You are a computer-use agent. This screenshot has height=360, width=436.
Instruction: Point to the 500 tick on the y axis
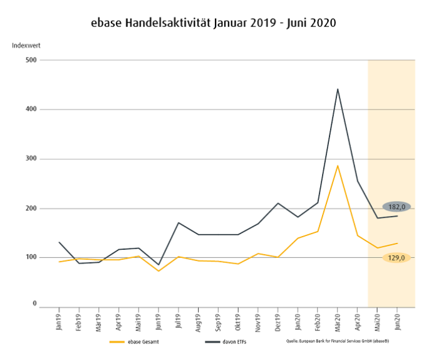click(31, 60)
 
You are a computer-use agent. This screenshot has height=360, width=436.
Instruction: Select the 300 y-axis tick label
click(31, 159)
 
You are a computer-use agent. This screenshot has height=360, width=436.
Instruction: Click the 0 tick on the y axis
click(35, 304)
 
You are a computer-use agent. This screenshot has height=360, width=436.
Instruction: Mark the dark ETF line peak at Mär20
click(338, 89)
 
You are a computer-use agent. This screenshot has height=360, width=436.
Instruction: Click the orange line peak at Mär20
click(338, 166)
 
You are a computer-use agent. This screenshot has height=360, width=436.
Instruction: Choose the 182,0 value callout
click(397, 207)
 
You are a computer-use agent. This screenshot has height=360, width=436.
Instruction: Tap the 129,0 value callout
click(397, 257)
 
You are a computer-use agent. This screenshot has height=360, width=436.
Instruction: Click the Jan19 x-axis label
click(59, 320)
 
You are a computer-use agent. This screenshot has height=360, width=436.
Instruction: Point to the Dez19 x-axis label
click(278, 320)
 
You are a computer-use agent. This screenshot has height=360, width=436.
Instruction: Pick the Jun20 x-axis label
click(397, 320)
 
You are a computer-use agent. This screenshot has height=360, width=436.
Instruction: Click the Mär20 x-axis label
click(338, 320)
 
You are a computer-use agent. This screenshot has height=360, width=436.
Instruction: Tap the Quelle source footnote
click(341, 342)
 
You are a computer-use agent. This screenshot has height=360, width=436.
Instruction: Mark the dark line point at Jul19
click(179, 223)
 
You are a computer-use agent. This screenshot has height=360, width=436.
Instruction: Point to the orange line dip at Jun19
click(158, 271)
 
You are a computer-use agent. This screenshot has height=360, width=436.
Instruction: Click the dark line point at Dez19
click(278, 203)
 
